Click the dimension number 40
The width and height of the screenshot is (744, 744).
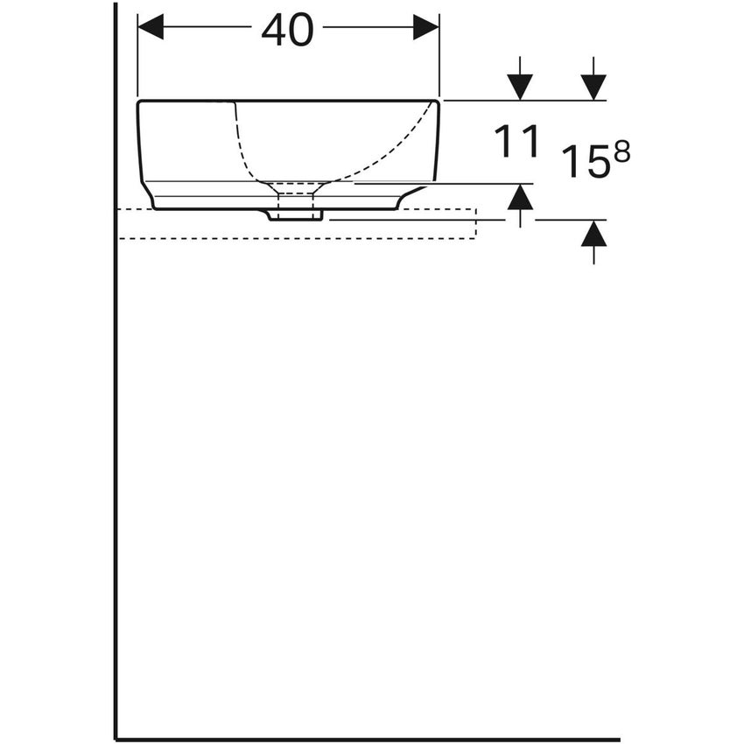[287, 31]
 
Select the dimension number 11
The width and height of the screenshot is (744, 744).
[516, 142]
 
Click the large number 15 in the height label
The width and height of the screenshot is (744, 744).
[585, 162]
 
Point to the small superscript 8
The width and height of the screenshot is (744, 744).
[621, 151]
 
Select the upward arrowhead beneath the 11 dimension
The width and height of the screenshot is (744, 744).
[520, 197]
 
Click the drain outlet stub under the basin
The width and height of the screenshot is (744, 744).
[295, 214]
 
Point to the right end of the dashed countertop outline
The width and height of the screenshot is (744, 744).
[475, 224]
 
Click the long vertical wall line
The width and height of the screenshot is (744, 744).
[116, 394]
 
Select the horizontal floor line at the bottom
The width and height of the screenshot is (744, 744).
[368, 739]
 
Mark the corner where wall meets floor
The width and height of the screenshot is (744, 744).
[116, 739]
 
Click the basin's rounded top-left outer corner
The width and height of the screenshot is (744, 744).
[140, 104]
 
